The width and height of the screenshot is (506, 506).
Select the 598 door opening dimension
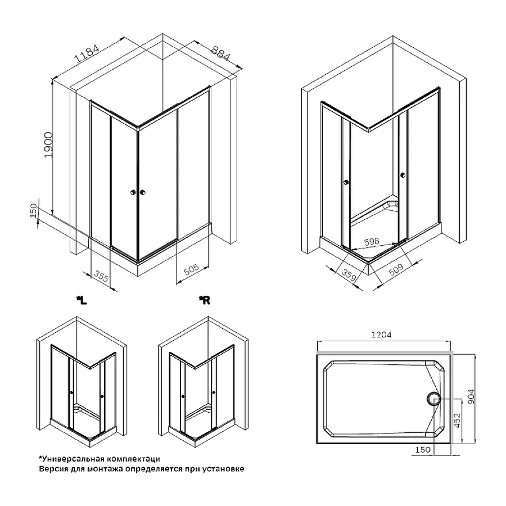click(371, 241)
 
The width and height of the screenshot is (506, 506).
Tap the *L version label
click(82, 301)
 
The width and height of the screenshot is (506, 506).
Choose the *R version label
click(204, 301)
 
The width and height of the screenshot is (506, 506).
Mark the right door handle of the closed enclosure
click(144, 193)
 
